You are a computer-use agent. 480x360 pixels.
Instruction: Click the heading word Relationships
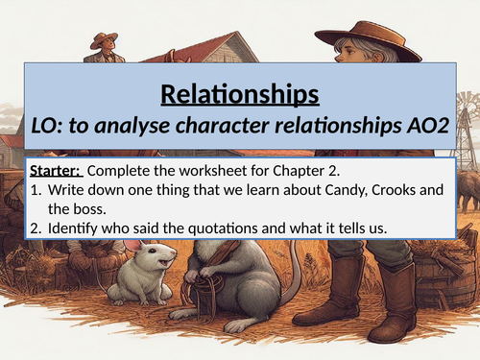(x=240, y=96)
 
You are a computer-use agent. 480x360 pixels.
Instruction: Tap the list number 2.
(x=35, y=225)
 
